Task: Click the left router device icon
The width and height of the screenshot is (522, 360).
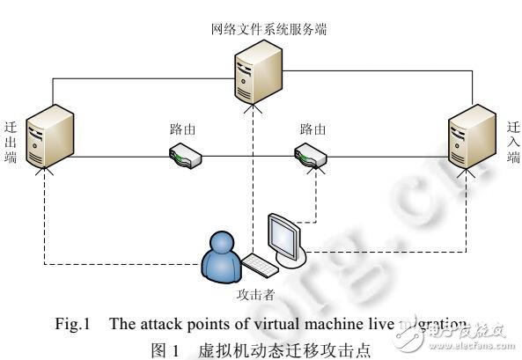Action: (x=186, y=156)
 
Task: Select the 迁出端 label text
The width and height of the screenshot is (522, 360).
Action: (x=11, y=142)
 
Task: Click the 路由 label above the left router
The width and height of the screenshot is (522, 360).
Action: (x=182, y=129)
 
